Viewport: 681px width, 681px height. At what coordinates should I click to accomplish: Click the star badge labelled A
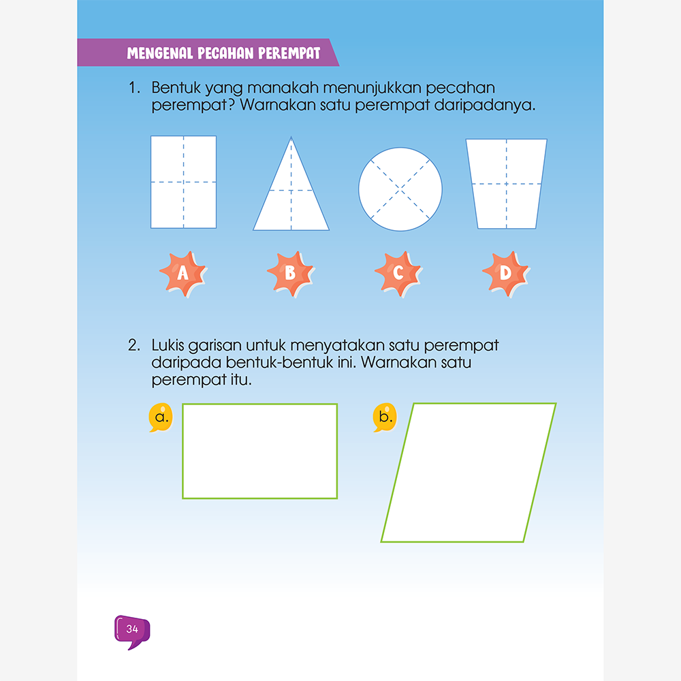tap(183, 274)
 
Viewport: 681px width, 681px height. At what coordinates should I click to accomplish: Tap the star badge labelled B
tap(291, 274)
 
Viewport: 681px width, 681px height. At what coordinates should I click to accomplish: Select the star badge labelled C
tap(398, 274)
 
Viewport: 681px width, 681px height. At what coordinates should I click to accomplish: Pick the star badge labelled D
tap(506, 274)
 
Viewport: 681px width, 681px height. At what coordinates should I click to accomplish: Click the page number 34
tap(132, 629)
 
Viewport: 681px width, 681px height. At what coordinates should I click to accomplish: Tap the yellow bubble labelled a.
tap(161, 417)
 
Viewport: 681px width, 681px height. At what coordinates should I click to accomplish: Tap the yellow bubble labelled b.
tap(385, 417)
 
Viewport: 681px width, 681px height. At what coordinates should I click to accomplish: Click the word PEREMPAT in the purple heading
tap(289, 53)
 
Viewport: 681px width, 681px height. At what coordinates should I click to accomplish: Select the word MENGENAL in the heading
tap(160, 53)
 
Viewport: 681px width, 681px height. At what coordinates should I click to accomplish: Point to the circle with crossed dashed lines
tap(400, 189)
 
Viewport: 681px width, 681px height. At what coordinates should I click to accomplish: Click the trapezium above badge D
tap(507, 184)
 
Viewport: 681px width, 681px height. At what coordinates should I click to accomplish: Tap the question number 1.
tap(134, 88)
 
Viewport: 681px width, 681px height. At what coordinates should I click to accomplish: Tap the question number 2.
tap(134, 345)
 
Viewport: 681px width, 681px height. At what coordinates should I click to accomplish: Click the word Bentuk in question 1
tap(176, 88)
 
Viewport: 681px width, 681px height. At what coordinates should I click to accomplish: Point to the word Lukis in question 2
tap(168, 345)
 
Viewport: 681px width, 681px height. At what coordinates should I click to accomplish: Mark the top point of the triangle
tap(291, 137)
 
